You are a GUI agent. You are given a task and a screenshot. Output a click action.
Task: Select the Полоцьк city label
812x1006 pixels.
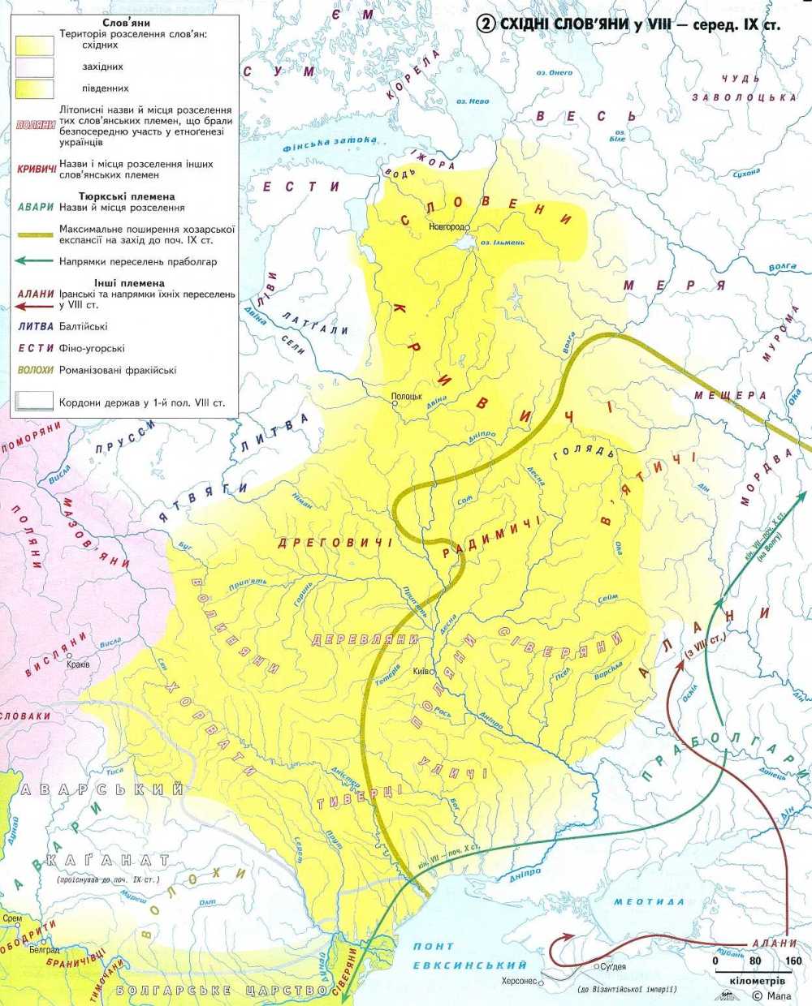pos(407,396)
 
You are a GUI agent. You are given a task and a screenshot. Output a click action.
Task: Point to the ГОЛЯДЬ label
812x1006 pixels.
pos(579,452)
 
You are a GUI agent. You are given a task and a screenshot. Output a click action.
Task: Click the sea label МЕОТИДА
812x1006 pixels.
pos(649,902)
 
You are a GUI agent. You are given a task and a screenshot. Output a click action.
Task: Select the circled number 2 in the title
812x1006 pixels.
pos(486,24)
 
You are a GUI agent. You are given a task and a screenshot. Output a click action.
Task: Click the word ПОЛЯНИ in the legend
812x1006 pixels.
pos(35,126)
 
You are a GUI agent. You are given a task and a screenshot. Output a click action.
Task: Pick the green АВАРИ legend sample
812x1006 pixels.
pos(35,208)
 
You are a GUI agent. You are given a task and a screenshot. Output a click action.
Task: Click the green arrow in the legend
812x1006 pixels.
pos(35,261)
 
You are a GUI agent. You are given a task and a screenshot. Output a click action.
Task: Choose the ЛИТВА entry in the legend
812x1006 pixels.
pos(35,326)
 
